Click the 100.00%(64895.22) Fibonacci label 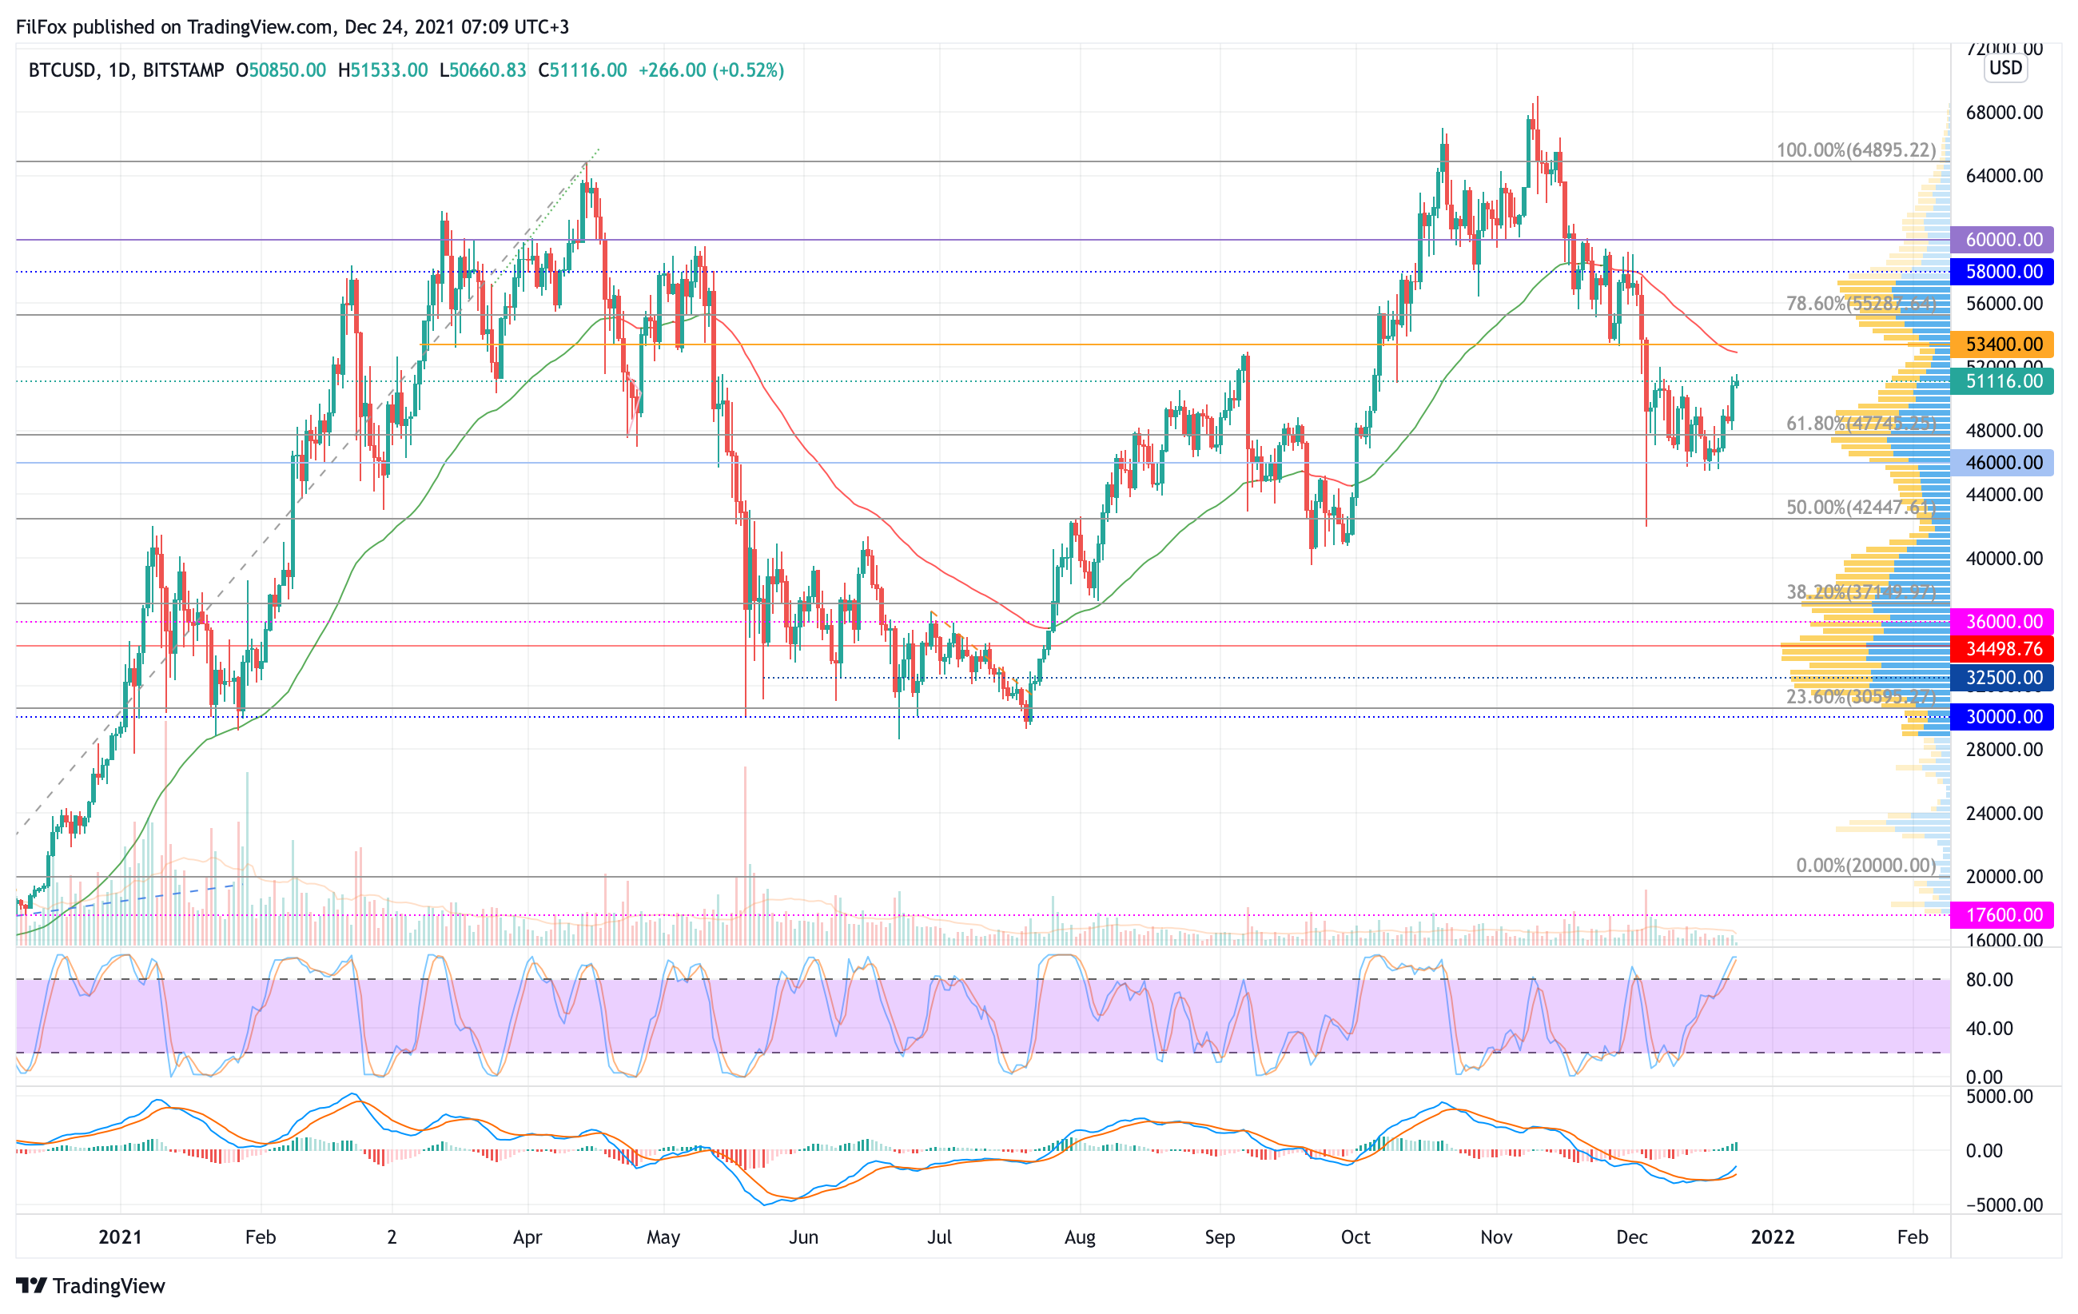pyautogui.click(x=1855, y=150)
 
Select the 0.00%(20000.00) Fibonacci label pyautogui.click(x=1865, y=866)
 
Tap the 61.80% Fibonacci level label pyautogui.click(x=1861, y=424)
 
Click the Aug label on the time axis pyautogui.click(x=1080, y=1237)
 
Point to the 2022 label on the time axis pyautogui.click(x=1773, y=1237)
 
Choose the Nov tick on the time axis pyautogui.click(x=1495, y=1237)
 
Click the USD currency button pyautogui.click(x=2005, y=68)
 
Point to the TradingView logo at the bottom pyautogui.click(x=90, y=1286)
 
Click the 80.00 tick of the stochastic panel pyautogui.click(x=1988, y=980)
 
